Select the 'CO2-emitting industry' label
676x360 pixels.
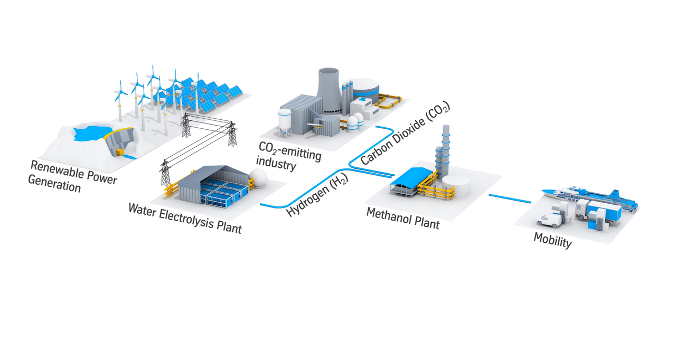(289, 156)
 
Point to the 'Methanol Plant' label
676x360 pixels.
(403, 219)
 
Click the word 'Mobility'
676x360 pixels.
(552, 240)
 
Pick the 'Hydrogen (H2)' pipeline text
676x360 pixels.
(317, 195)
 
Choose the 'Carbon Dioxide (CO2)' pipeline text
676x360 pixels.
(405, 133)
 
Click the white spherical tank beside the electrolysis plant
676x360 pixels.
(258, 178)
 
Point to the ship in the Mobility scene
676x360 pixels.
(590, 197)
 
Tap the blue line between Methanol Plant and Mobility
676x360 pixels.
(510, 198)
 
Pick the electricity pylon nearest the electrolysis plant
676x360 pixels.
(165, 173)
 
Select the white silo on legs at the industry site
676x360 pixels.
(285, 122)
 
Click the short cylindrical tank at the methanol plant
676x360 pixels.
(456, 185)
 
